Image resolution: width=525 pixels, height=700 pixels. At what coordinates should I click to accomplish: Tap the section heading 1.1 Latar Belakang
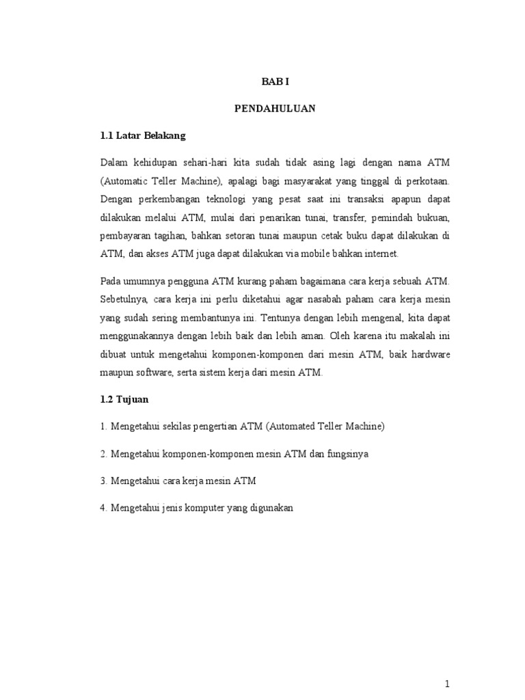click(x=142, y=136)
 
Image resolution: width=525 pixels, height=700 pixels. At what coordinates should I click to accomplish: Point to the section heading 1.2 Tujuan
click(x=125, y=399)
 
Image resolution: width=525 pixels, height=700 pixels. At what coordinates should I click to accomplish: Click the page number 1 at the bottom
click(x=446, y=684)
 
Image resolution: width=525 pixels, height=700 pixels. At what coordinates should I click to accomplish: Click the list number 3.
click(x=103, y=481)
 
